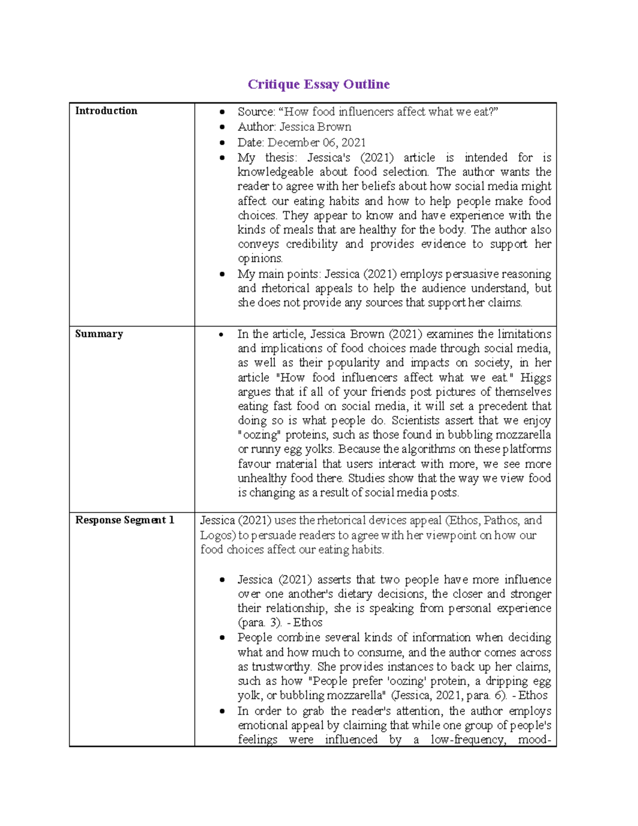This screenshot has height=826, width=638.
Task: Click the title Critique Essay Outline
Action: click(318, 84)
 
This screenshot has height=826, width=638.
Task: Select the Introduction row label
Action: click(106, 111)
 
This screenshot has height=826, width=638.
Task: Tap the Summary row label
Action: click(99, 333)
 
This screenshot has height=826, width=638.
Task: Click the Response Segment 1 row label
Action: click(124, 520)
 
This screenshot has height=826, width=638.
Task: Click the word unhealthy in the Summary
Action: click(262, 478)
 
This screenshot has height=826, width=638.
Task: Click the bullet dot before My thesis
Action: click(223, 158)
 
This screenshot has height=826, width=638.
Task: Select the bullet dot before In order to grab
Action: click(223, 711)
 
